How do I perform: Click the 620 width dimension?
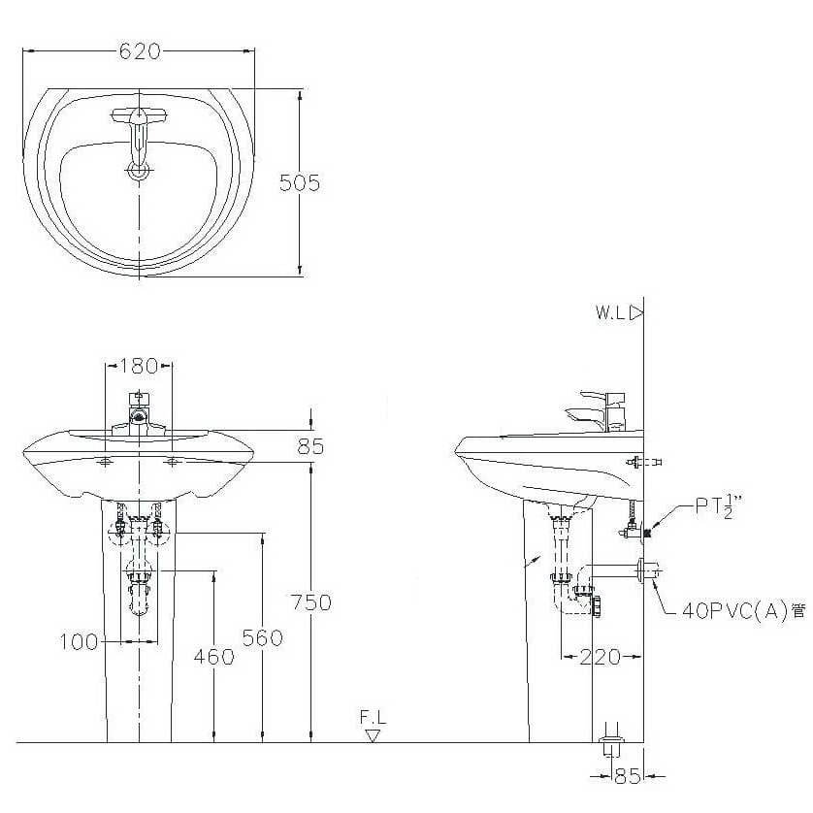coord(140,51)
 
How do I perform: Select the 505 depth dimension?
coord(300,182)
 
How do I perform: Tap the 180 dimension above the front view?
coord(139,366)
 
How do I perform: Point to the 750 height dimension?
coord(311,602)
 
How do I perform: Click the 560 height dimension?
coord(262,637)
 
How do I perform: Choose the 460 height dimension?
coord(214,657)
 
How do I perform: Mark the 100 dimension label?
coord(79,642)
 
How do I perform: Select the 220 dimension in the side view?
coord(600,657)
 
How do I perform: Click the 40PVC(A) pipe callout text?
coord(744,611)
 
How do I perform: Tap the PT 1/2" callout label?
coord(719,505)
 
